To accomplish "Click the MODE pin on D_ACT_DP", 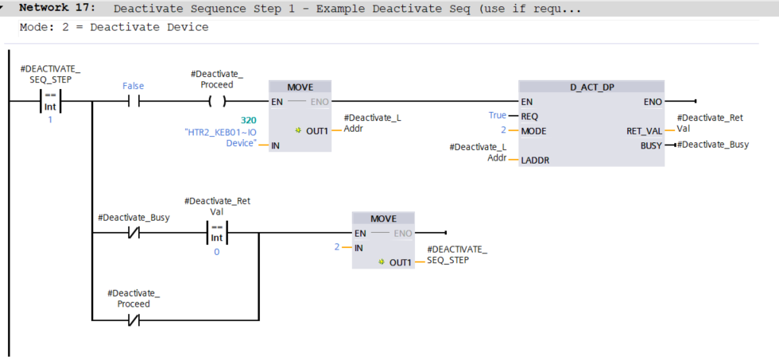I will pos(533,131).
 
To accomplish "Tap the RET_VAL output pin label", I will pos(644,131).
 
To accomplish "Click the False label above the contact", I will pos(134,86).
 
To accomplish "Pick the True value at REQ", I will pos(498,116).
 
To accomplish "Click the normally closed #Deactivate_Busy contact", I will pos(133,233).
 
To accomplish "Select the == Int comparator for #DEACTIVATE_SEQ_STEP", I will pos(52,103).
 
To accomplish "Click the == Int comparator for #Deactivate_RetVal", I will pos(216,233).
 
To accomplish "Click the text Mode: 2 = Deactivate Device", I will pos(114,27).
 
